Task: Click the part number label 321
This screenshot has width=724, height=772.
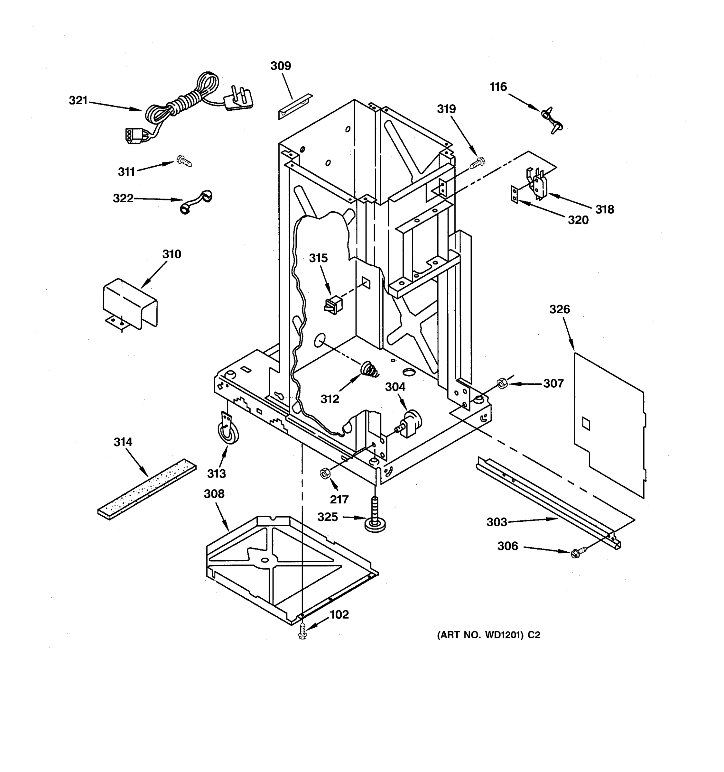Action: click(78, 101)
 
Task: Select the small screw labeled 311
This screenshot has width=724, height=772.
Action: click(183, 161)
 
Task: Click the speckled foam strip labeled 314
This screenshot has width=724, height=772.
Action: click(147, 490)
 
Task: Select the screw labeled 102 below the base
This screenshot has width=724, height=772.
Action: click(302, 633)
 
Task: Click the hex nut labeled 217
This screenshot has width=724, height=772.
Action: click(325, 474)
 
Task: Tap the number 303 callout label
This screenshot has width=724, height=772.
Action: click(497, 522)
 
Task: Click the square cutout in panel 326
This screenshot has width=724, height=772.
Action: click(586, 424)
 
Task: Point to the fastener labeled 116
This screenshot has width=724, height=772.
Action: click(551, 120)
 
